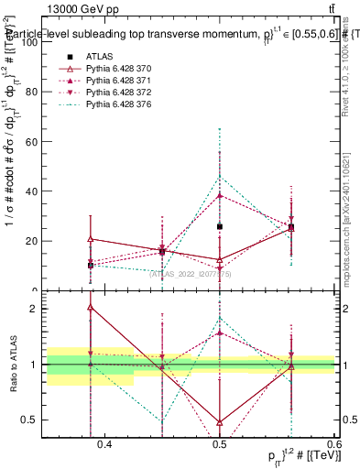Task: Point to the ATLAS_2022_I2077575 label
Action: [x=189, y=272]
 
